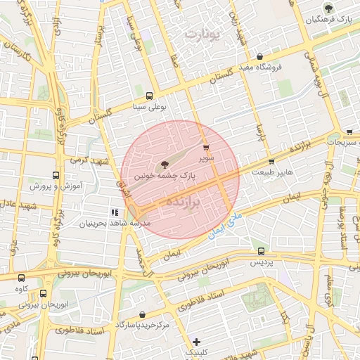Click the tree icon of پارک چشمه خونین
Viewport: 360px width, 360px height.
pyautogui.click(x=165, y=164)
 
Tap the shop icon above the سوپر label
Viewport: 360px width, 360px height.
pyautogui.click(x=205, y=148)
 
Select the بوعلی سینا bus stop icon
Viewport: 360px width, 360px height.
pyautogui.click(x=149, y=96)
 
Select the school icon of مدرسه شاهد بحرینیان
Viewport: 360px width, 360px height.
pyautogui.click(x=114, y=212)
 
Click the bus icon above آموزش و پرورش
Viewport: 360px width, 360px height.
pyautogui.click(x=56, y=174)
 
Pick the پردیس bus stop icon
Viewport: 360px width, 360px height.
pyautogui.click(x=262, y=250)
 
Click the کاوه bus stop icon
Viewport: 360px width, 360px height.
pyautogui.click(x=20, y=277)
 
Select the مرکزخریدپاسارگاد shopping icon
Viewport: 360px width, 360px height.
pyautogui.click(x=143, y=314)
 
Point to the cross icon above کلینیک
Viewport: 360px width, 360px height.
pyautogui.click(x=196, y=342)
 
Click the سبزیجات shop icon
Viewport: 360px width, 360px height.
pyautogui.click(x=349, y=131)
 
